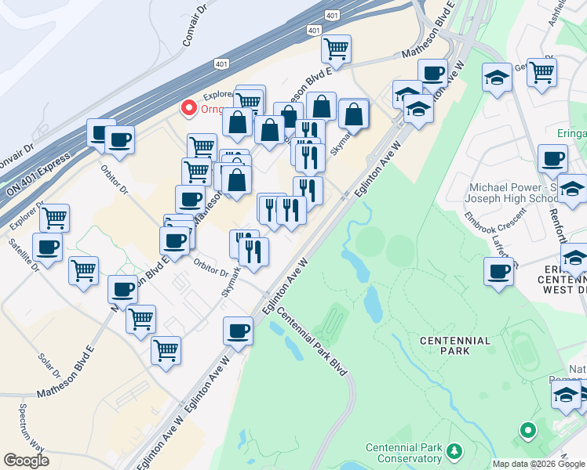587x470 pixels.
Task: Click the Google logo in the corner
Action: coord(26,461)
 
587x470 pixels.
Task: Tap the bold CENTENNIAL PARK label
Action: coord(455,345)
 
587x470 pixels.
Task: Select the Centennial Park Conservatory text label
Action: coord(403,454)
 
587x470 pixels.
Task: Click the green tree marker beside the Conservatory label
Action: coord(453,451)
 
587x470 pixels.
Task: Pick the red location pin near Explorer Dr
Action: coord(189,108)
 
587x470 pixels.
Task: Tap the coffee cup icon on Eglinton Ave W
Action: coord(238,330)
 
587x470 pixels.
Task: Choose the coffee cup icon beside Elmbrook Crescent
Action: coord(498,271)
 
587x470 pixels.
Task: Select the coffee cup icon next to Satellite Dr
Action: coord(47,246)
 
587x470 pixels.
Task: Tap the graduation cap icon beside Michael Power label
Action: coord(571,188)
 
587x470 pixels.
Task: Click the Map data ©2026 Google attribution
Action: coord(539,464)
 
